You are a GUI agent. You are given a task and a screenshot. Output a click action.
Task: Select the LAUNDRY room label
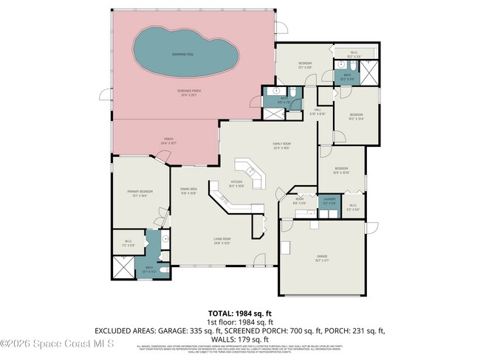coord(330,199)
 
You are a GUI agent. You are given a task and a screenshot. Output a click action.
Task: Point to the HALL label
coord(316,111)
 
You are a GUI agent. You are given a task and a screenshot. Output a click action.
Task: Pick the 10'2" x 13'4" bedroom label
coord(356,114)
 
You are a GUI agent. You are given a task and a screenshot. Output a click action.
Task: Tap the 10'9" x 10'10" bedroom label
coord(340,169)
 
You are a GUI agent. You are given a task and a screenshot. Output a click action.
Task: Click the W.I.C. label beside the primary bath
coord(128,240)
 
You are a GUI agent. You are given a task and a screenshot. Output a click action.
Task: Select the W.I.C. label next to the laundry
coord(353,206)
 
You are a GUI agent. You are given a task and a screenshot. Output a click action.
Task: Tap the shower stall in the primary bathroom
coord(123,266)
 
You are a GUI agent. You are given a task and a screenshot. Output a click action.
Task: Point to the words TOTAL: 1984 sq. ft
coord(239,314)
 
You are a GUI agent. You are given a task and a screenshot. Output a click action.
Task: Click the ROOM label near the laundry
coord(300,199)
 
